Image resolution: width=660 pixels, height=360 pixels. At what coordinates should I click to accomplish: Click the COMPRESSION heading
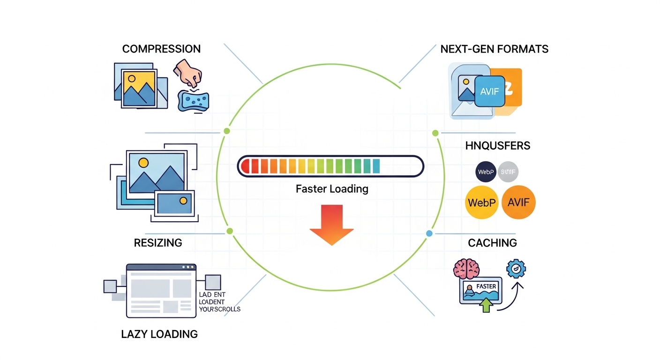[161, 49]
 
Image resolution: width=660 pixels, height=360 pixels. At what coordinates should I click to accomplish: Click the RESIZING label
[158, 243]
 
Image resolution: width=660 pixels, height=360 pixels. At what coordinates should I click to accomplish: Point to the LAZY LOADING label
[159, 334]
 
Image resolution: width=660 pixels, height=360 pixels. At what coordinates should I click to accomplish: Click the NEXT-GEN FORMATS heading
[495, 49]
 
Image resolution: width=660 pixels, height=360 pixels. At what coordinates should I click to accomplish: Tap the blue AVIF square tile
[490, 92]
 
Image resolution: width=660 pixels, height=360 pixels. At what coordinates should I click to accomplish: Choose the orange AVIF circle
[518, 202]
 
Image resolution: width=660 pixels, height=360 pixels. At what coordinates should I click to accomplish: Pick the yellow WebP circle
[481, 202]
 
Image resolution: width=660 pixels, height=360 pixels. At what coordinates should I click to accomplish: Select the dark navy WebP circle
[485, 172]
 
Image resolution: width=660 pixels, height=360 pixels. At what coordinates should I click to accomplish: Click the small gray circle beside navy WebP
[508, 172]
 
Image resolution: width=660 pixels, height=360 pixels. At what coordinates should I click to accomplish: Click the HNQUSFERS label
[498, 146]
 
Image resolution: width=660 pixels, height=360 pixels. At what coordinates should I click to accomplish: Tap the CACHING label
[492, 243]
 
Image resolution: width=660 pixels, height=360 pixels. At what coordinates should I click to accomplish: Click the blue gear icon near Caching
[516, 269]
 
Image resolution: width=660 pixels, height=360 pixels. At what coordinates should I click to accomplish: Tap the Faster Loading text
[332, 189]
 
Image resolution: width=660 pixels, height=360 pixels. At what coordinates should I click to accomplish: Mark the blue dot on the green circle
[429, 233]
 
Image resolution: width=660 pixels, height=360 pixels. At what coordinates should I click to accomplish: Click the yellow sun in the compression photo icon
[132, 79]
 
